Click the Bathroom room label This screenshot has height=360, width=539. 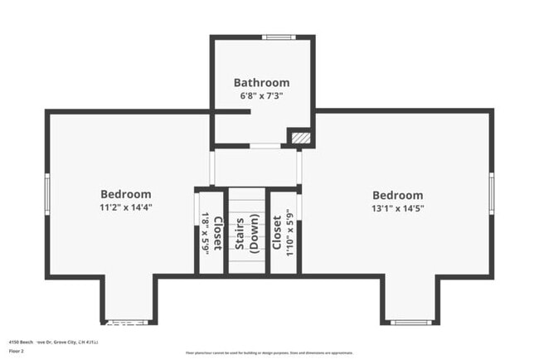(261, 82)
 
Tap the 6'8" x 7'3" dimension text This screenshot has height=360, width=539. (261, 95)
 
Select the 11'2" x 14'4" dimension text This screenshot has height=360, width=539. (126, 207)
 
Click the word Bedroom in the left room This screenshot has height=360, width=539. (126, 194)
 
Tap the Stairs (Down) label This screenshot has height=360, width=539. (246, 233)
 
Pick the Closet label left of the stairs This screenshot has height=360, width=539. (217, 233)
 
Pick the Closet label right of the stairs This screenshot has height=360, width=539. (277, 233)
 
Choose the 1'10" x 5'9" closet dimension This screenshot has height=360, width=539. (289, 233)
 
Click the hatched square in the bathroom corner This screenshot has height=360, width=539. (299, 137)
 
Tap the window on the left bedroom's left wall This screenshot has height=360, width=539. (47, 193)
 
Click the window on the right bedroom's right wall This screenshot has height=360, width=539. (491, 192)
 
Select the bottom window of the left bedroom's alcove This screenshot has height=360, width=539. (128, 322)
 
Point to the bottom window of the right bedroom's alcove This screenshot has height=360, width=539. (410, 322)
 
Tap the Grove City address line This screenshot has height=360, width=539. (53, 341)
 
